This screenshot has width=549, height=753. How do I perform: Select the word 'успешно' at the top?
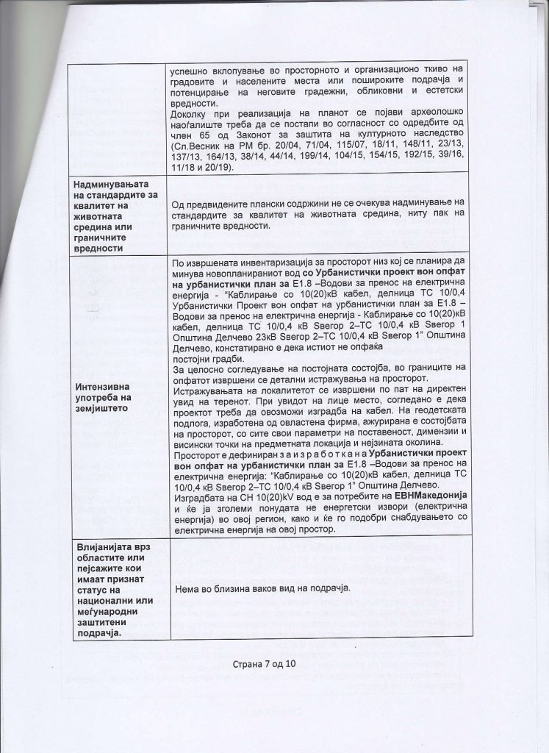[190, 72]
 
